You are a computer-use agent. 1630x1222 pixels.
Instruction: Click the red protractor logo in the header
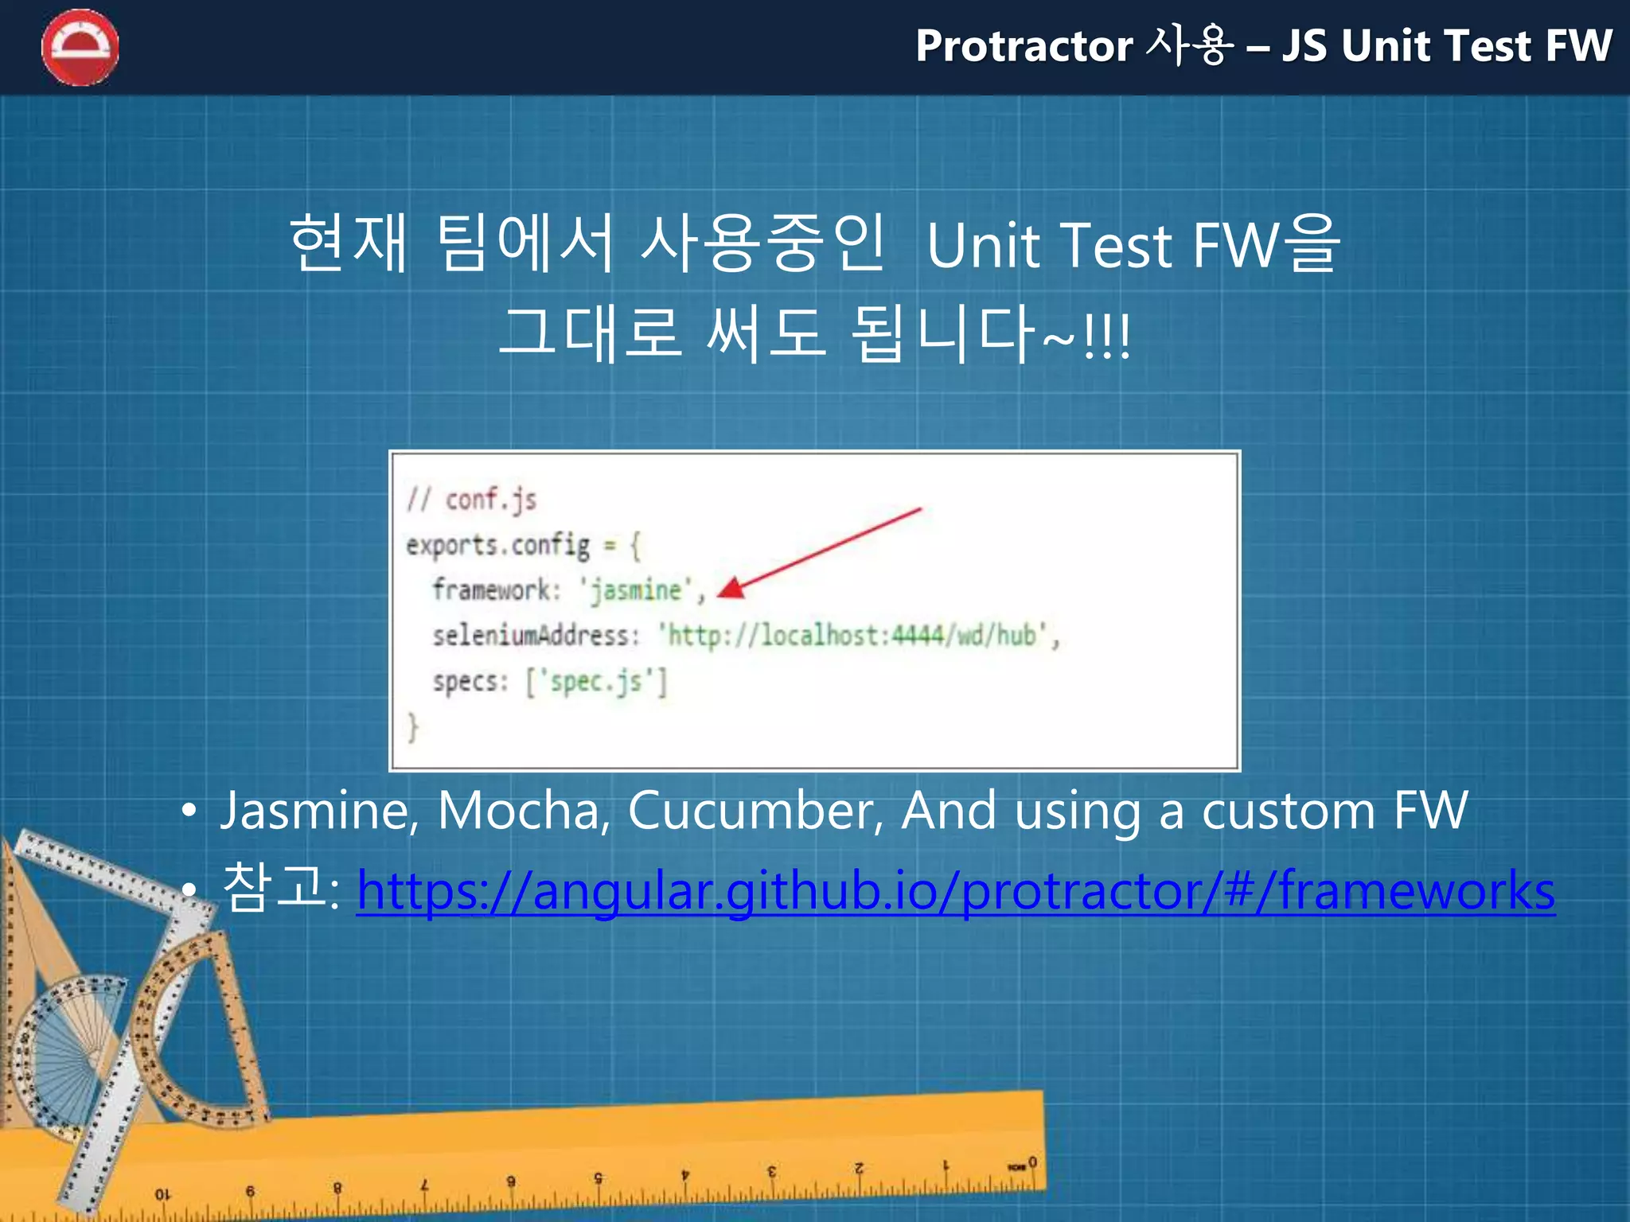(80, 48)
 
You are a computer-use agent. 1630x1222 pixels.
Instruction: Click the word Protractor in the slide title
(1024, 46)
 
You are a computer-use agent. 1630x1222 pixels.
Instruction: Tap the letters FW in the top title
(1577, 46)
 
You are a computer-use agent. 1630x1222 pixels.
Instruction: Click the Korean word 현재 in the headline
(349, 243)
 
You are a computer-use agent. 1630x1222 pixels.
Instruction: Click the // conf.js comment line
(471, 500)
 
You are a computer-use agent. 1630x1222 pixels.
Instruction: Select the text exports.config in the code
(498, 546)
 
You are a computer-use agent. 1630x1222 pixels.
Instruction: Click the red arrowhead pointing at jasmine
(731, 589)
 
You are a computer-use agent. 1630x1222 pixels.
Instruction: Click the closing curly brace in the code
(412, 727)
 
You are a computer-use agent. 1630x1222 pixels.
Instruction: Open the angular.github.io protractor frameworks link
(955, 890)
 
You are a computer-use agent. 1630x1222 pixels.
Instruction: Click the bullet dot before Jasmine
(188, 811)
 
